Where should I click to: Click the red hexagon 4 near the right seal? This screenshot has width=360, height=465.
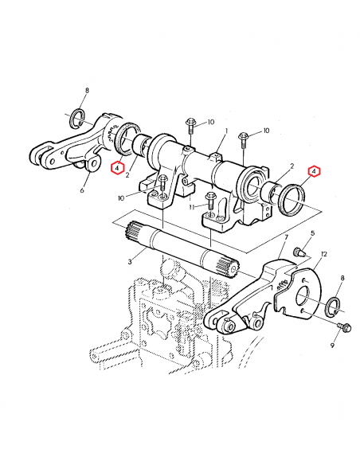(314, 170)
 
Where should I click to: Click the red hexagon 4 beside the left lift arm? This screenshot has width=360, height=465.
(116, 167)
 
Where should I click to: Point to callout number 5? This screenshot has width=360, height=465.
(312, 233)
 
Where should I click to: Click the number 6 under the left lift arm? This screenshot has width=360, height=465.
(82, 190)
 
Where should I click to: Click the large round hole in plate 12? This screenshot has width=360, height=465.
(304, 300)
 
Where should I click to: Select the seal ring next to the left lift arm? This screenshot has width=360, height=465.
(125, 143)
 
